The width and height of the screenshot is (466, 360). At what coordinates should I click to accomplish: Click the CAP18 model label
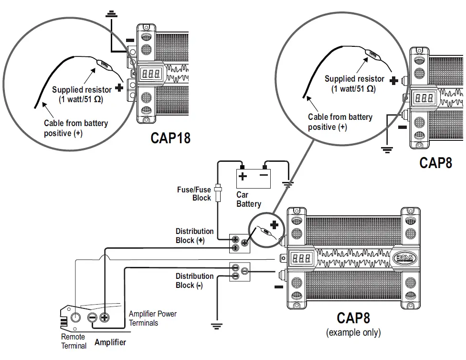(170, 138)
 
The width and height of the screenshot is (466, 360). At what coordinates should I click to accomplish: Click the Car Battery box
(253, 179)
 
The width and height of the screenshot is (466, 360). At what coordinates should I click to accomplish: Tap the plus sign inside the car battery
(243, 177)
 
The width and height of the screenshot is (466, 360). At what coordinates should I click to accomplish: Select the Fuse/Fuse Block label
(194, 193)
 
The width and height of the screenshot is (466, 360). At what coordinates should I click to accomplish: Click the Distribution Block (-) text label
(194, 281)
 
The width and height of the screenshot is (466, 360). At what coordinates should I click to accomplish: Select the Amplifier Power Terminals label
(152, 318)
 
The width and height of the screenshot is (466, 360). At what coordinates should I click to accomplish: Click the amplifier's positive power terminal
(105, 317)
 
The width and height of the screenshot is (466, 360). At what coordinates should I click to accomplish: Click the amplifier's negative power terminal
(92, 317)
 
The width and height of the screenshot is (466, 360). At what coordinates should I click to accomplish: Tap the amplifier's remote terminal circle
(75, 317)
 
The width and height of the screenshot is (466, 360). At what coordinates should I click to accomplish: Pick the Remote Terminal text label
(74, 341)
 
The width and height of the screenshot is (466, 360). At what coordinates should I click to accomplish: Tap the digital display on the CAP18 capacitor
(150, 74)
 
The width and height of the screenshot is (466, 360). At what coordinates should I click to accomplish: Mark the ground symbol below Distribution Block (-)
(217, 326)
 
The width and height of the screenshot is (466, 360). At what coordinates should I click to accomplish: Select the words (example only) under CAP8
(353, 332)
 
